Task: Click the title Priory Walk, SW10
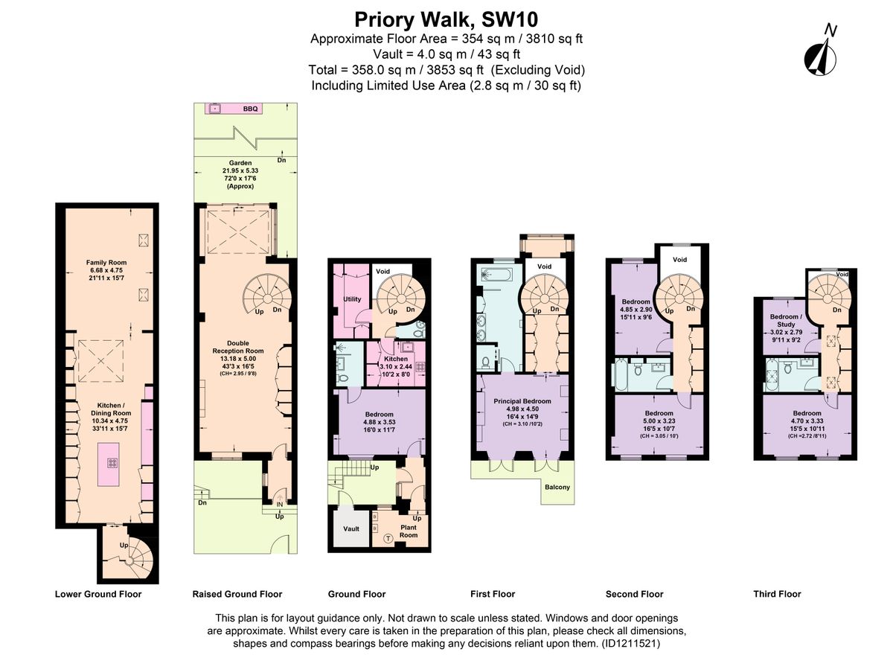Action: click(x=446, y=18)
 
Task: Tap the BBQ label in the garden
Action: click(x=250, y=109)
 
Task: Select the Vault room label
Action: click(x=351, y=529)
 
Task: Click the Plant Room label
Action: click(x=409, y=531)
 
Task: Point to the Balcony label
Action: click(x=557, y=488)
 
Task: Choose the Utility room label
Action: click(x=352, y=299)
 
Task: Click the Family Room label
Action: click(x=106, y=262)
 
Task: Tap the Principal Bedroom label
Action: click(x=522, y=401)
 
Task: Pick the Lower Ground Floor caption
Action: click(x=98, y=594)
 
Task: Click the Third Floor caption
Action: click(x=777, y=594)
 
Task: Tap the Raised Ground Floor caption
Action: click(x=237, y=594)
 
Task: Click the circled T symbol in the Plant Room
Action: click(x=387, y=539)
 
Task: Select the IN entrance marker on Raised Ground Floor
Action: click(x=280, y=503)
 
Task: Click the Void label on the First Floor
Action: click(x=544, y=266)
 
